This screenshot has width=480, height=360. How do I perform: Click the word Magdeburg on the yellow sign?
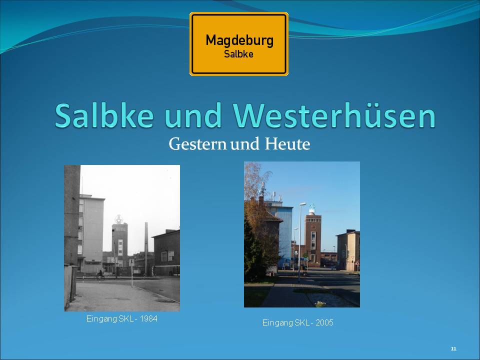(x=239, y=40)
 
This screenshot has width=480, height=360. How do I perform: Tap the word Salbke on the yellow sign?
(x=239, y=54)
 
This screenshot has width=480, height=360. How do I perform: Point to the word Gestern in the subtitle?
(x=198, y=144)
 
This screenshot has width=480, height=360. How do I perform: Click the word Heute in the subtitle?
(x=287, y=144)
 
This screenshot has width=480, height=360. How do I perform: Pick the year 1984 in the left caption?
(x=148, y=318)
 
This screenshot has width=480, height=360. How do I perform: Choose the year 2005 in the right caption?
(x=324, y=322)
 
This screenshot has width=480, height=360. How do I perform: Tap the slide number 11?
(x=453, y=348)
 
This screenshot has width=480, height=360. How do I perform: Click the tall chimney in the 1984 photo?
(x=146, y=248)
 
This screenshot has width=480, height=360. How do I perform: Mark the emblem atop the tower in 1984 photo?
(x=119, y=219)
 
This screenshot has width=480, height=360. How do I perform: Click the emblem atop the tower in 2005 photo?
(x=312, y=208)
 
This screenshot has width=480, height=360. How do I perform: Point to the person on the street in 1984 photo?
(x=100, y=274)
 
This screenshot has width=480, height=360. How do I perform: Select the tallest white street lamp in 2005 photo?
(x=300, y=242)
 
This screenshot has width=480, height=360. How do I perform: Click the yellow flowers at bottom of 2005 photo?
(x=320, y=303)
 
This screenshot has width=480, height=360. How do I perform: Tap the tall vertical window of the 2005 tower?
(x=313, y=240)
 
